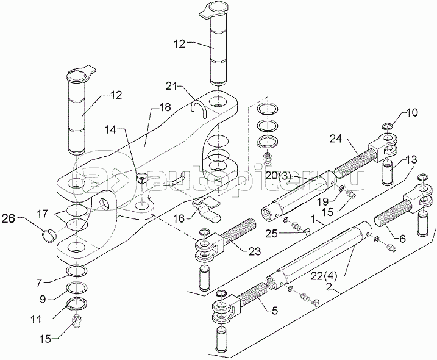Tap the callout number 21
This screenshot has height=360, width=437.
point(171,87)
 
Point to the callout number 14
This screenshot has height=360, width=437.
point(111,130)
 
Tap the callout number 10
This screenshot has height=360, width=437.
point(411,113)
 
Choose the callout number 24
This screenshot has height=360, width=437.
point(337,138)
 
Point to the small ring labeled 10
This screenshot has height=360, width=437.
point(386,127)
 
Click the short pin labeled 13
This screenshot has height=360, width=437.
point(386,173)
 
